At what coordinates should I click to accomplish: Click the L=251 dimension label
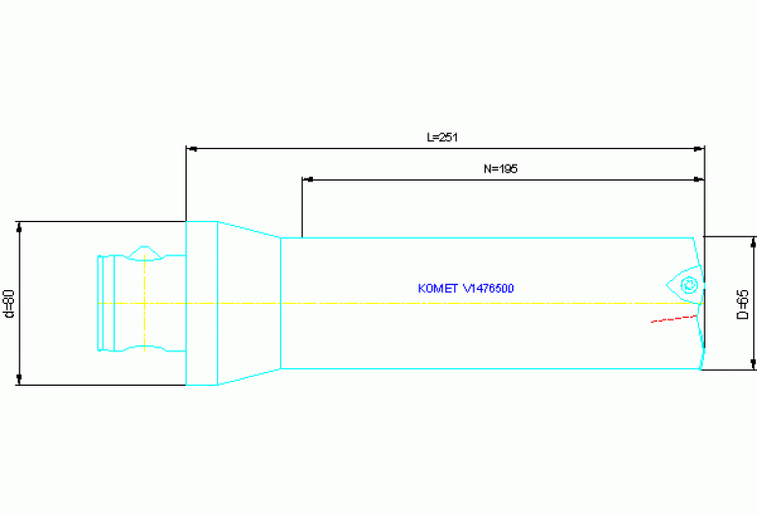coord(442,137)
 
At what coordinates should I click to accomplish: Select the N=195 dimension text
coord(500,169)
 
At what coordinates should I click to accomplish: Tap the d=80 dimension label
coord(9,304)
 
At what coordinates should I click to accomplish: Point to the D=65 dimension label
coord(743,304)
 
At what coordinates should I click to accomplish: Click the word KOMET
coord(438,289)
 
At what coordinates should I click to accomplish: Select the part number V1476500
coord(489,289)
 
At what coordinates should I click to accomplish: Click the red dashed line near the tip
coord(674,319)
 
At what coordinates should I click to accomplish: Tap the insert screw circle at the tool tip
coord(689,285)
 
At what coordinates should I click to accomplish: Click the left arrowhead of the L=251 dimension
coord(191,149)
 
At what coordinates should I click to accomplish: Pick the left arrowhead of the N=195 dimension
coord(308,180)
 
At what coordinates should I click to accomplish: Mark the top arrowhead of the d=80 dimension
coord(20,227)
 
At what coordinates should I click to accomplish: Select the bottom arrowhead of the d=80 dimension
coord(20,380)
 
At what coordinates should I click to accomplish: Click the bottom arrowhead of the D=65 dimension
coord(753,364)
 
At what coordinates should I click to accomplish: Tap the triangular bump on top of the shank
coord(144,253)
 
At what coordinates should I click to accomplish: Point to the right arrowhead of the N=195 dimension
coord(699,180)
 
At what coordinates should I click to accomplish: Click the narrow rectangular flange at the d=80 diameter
coord(201,303)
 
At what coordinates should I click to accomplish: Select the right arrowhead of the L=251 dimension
coord(699,149)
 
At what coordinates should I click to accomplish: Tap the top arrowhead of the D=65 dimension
coord(753,243)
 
